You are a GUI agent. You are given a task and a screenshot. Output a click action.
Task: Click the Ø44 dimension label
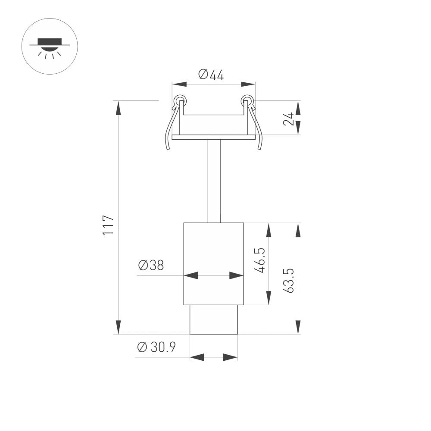point(211,75)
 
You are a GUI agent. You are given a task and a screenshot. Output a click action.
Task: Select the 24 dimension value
point(288,119)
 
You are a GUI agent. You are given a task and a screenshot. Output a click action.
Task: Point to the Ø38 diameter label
point(151,265)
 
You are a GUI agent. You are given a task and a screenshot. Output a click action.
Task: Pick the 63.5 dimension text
point(289,281)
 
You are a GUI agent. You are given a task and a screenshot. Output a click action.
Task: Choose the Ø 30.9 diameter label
point(156,347)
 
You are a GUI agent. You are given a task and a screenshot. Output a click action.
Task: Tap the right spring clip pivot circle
point(247,101)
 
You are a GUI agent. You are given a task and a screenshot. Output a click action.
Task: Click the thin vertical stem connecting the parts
point(213,181)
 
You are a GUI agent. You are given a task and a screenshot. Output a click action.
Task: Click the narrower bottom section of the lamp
point(213,319)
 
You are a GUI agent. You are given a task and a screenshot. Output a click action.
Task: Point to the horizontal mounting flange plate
point(213,137)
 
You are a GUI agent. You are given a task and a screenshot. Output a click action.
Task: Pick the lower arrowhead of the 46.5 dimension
point(269,298)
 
